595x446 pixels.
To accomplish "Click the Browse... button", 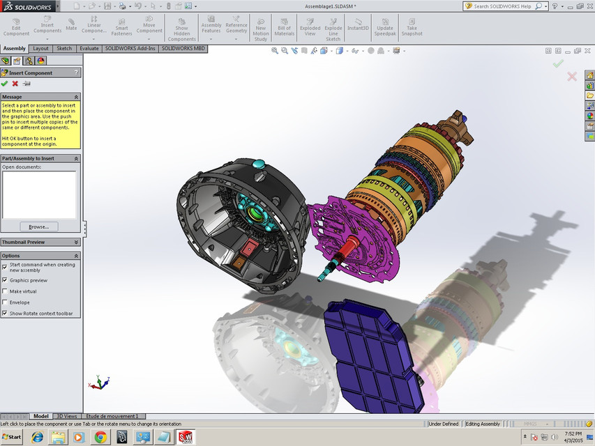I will pyautogui.click(x=39, y=226).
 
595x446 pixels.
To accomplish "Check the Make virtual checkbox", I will pyautogui.click(x=6, y=291).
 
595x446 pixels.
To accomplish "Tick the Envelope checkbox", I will pyautogui.click(x=6, y=302).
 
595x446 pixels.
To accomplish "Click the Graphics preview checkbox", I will pyautogui.click(x=6, y=280).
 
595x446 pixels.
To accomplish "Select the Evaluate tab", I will pyautogui.click(x=89, y=49).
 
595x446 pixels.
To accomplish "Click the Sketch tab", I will pyautogui.click(x=64, y=49).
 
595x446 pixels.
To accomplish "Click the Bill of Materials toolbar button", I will pyautogui.click(x=284, y=28).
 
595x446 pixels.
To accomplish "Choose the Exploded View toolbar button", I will pyautogui.click(x=310, y=28).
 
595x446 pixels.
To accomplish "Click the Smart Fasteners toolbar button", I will pyautogui.click(x=121, y=28).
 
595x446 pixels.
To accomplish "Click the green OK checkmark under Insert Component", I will pyautogui.click(x=5, y=84).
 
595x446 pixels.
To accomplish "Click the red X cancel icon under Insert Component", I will pyautogui.click(x=15, y=84).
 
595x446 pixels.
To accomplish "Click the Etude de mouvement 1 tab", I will pyautogui.click(x=112, y=416).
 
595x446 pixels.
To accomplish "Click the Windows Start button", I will pyautogui.click(x=12, y=437).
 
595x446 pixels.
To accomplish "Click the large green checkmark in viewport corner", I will pyautogui.click(x=557, y=63).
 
